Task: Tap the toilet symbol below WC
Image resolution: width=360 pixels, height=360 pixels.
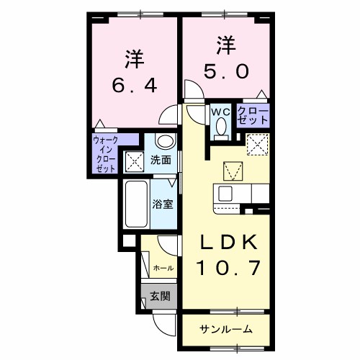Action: (220, 127)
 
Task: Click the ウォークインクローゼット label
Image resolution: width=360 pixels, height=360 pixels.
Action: (105, 154)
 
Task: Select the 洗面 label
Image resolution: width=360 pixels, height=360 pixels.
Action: (161, 160)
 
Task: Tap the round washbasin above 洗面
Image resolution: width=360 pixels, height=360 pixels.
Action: (164, 141)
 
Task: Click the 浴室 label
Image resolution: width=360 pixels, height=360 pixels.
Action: (162, 204)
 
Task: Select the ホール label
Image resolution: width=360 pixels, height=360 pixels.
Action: (163, 268)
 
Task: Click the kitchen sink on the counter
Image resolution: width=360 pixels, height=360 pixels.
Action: (225, 194)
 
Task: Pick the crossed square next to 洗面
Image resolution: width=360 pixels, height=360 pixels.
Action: (135, 160)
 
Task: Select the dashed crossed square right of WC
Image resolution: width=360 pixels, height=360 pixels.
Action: (257, 145)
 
